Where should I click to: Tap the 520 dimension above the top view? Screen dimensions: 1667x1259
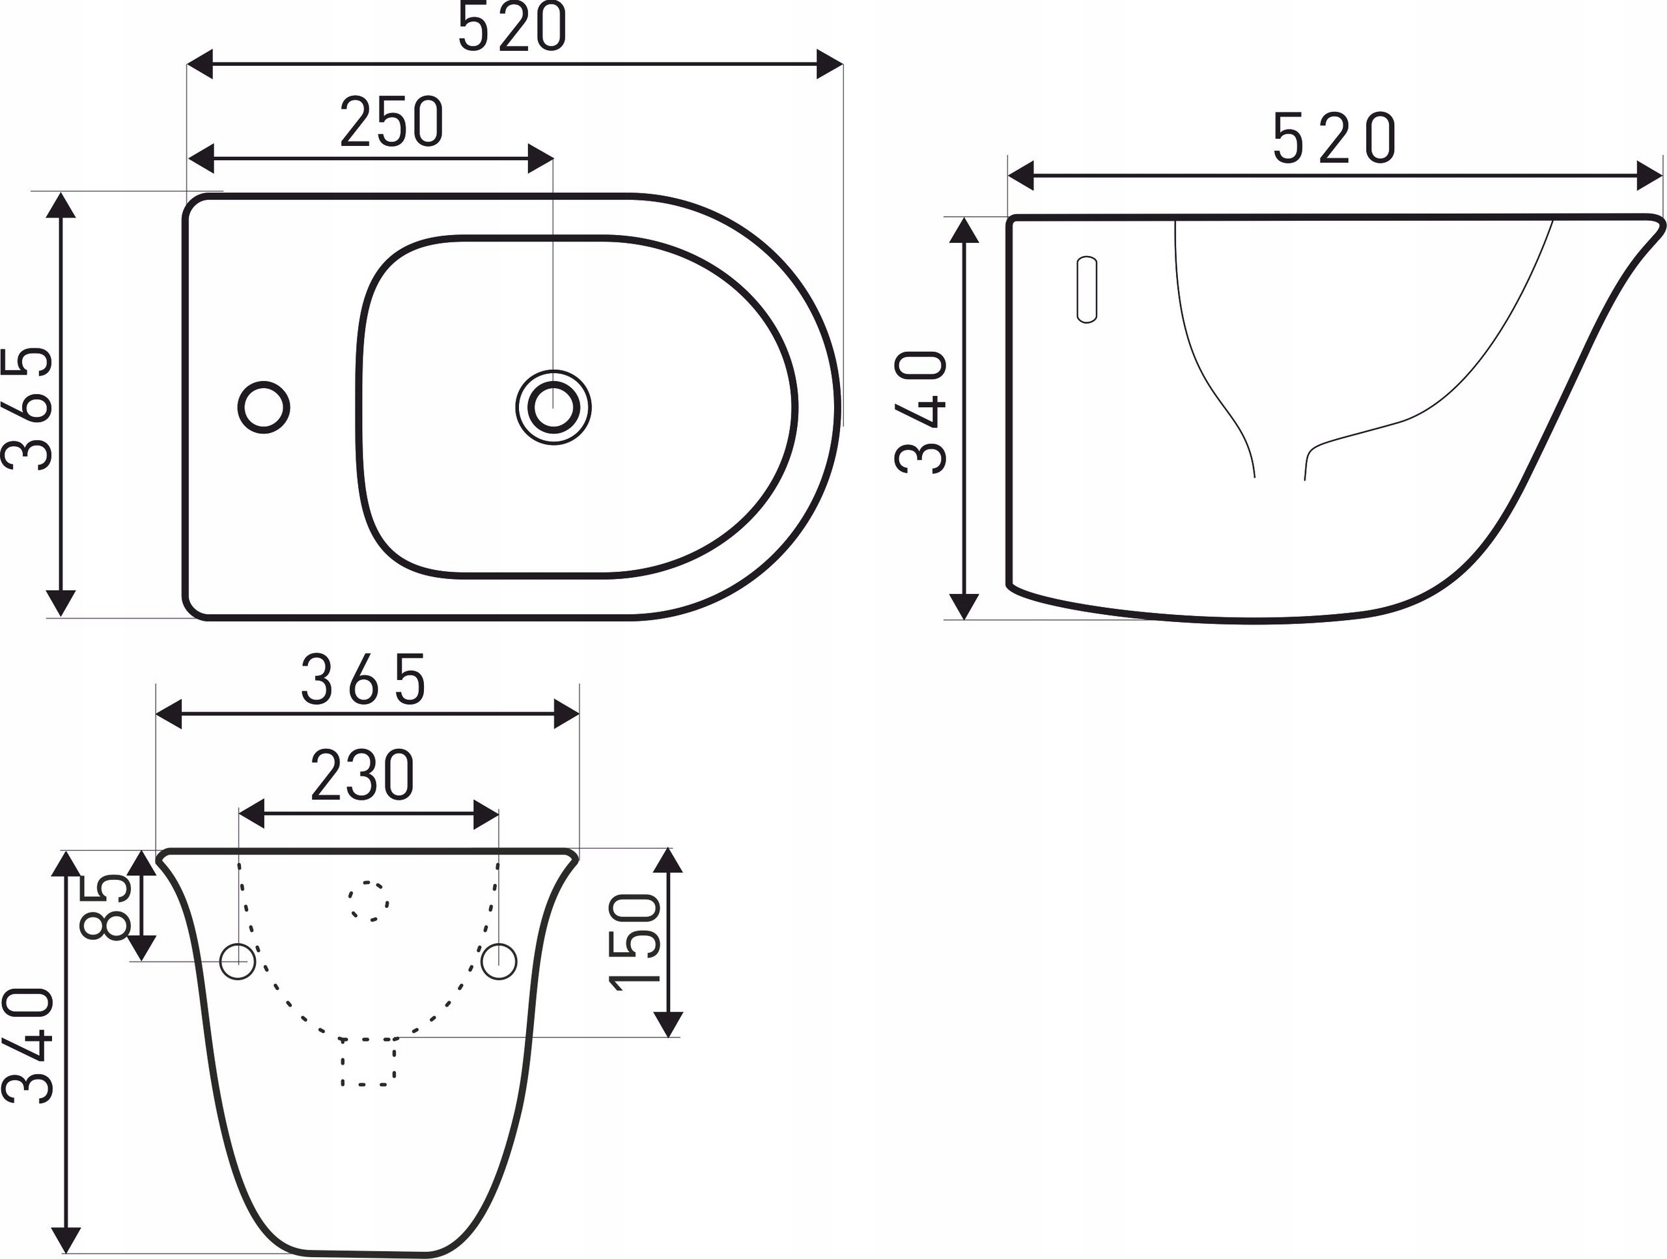512,29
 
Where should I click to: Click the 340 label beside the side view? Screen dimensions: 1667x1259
920,412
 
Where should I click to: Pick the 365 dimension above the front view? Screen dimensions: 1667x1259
364,679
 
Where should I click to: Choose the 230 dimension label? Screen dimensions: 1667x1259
363,775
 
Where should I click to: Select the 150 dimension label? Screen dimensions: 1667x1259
634,942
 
